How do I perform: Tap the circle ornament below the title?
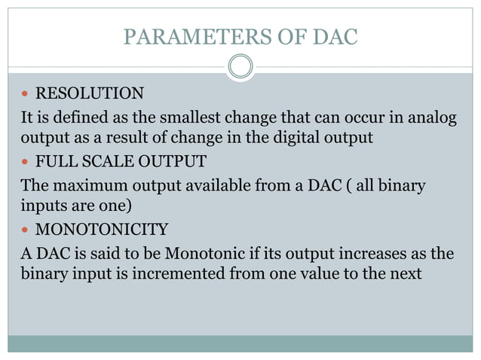coord(240,67)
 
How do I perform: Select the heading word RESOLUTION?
coord(90,94)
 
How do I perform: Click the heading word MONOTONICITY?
coord(102,228)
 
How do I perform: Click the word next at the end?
coord(406,273)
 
